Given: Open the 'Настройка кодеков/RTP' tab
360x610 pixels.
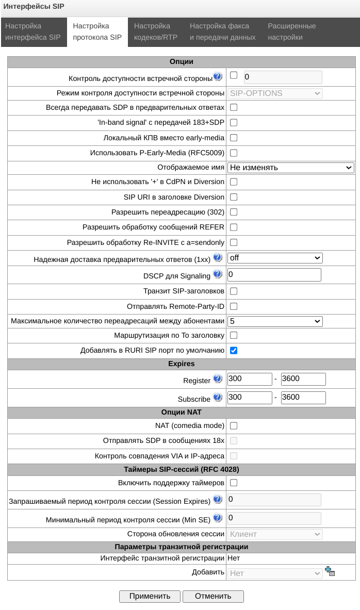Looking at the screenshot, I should tap(152, 31).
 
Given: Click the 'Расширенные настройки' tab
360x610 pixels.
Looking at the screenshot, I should tap(291, 31).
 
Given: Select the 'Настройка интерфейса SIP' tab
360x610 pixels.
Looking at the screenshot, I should tap(33, 31).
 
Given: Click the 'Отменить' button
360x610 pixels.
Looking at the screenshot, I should tap(213, 596).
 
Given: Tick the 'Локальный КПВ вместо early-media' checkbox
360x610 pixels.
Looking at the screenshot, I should tap(234, 138).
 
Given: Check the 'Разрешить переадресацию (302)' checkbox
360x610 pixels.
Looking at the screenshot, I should tap(234, 212).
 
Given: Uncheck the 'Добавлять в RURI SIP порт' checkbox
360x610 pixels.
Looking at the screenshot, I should tap(234, 351).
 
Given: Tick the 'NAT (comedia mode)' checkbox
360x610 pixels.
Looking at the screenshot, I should tap(234, 426).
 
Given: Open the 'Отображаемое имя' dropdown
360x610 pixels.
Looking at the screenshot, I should tap(290, 168).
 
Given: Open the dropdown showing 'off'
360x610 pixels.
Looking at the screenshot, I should tap(275, 258).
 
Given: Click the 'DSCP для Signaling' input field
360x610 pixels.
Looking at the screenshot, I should tap(274, 275).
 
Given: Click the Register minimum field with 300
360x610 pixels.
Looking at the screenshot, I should tap(250, 379).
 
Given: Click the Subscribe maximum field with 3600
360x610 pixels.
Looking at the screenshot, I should tap(303, 398).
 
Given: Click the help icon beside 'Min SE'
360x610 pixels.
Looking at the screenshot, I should tap(218, 518).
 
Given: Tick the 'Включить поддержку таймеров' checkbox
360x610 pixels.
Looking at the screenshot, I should tap(234, 483).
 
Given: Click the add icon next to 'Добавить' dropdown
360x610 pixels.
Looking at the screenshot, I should tap(330, 571).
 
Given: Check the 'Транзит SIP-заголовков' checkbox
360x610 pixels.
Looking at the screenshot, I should tap(234, 291).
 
